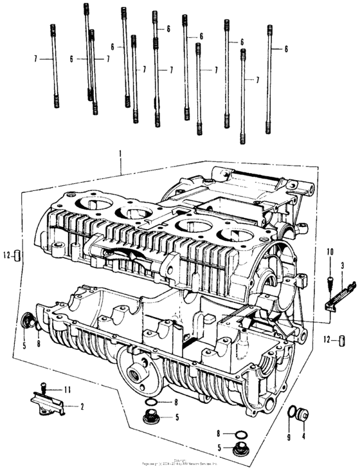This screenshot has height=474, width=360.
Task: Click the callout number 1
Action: click(120, 152)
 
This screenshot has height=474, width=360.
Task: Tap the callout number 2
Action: click(82, 406)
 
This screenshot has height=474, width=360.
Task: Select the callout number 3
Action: click(343, 264)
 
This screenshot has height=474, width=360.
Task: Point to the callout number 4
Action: click(303, 437)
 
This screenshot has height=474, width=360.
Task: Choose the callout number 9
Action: click(289, 437)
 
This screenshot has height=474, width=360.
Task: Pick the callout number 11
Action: click(67, 390)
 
